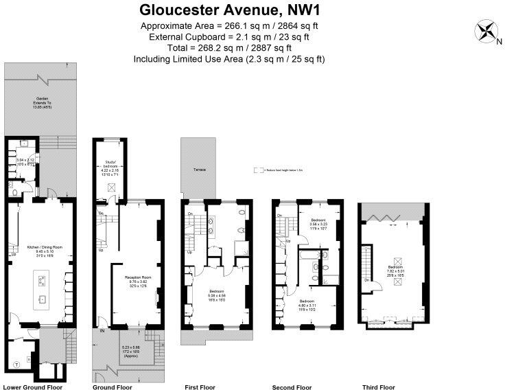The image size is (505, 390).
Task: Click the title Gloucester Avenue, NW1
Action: tap(230, 10)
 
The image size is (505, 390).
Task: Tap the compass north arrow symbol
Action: tap(486, 32)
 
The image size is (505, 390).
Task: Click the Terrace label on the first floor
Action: tap(199, 170)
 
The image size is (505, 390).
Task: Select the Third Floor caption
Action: tap(378, 387)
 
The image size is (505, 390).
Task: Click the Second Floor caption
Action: tap(292, 387)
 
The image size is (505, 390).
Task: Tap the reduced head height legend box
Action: tap(258, 170)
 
